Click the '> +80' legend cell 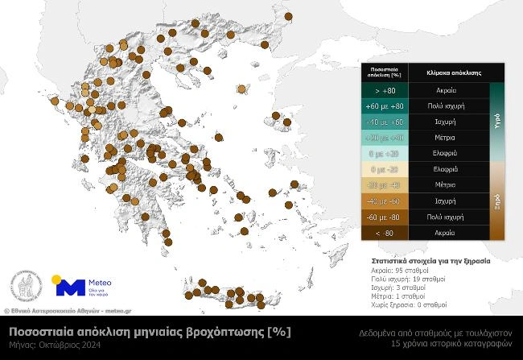tap(385, 91)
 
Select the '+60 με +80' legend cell tap(385, 106)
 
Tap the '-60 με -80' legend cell tap(385, 217)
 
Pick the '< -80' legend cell tap(385, 233)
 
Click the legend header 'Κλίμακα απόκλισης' tap(447, 72)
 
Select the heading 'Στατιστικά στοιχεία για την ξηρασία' tap(431, 262)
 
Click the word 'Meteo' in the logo tap(100, 283)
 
